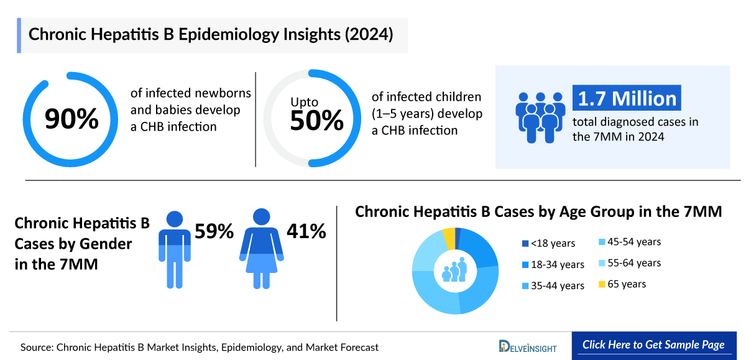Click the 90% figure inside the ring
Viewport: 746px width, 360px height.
[71, 119]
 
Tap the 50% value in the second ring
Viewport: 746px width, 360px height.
[316, 121]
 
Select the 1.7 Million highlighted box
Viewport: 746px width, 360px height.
[627, 99]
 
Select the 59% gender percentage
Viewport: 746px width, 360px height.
[214, 231]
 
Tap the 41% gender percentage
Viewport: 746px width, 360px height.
[306, 231]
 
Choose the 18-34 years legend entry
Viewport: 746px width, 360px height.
[552, 264]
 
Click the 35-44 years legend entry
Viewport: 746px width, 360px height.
[552, 285]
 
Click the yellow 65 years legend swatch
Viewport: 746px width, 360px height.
[602, 284]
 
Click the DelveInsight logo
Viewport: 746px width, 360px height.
[528, 346]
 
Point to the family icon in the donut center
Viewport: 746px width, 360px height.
[454, 270]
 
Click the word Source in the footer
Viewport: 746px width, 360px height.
[36, 347]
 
